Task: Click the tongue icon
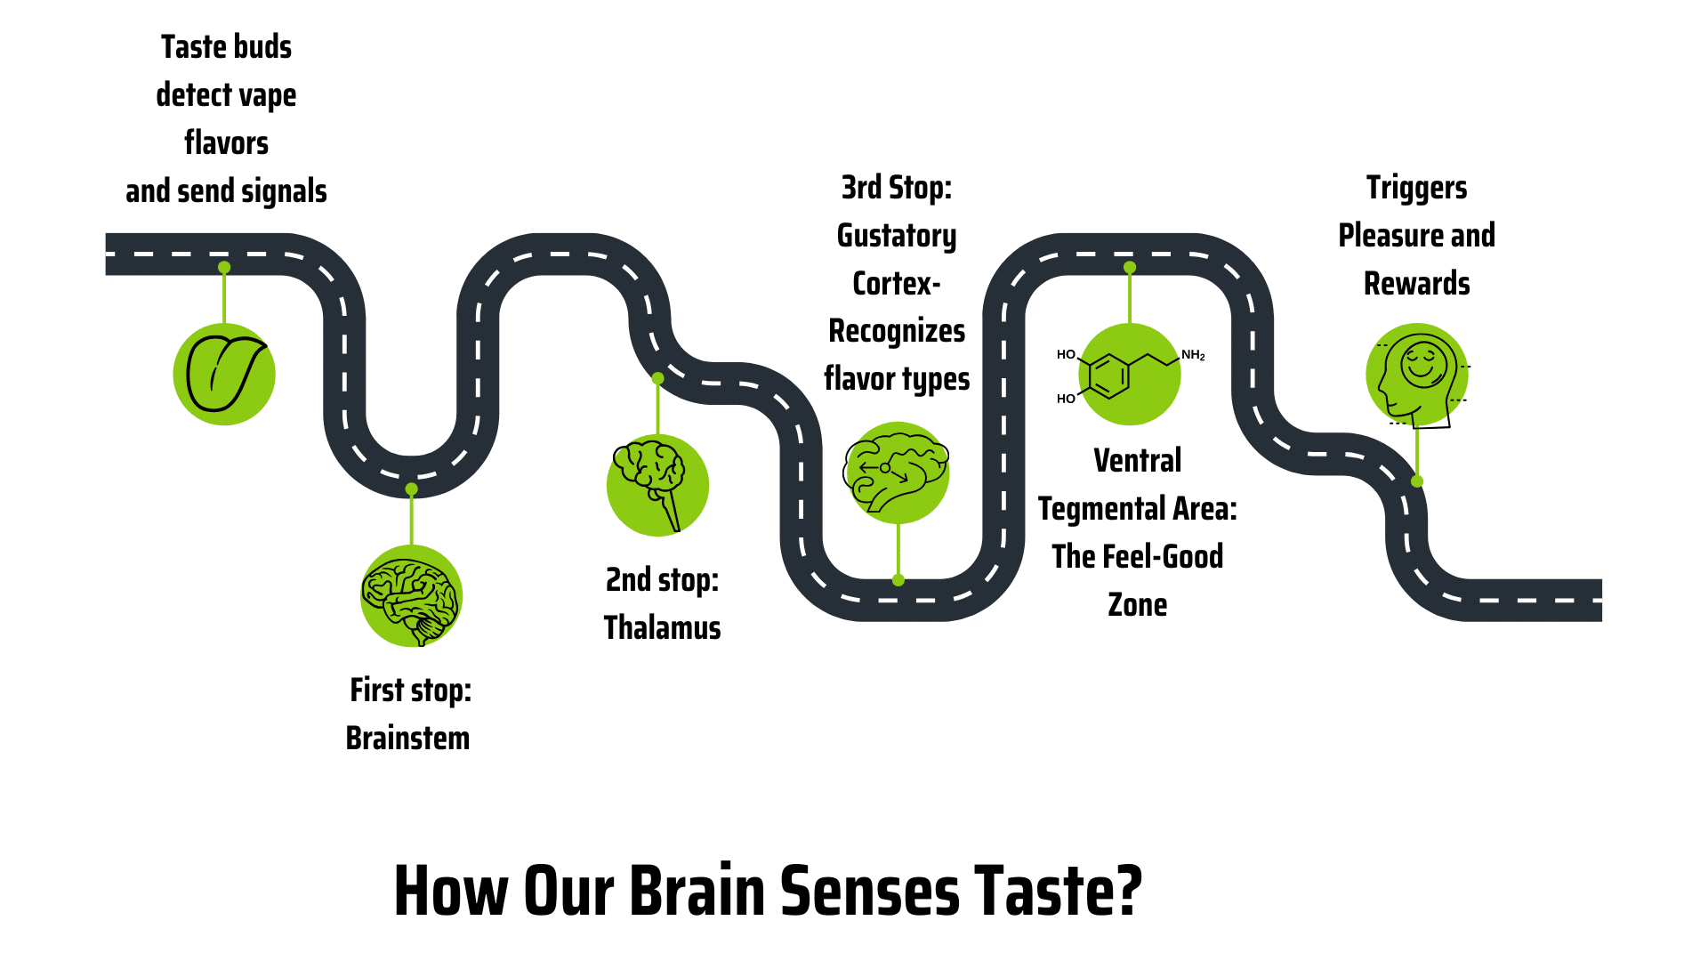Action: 224,374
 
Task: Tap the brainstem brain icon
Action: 411,596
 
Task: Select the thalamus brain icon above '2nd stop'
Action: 657,485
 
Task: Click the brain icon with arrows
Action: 897,472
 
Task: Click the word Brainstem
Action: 407,739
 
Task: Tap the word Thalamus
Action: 662,628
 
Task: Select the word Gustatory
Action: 897,236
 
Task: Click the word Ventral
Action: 1137,461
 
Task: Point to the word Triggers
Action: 1416,188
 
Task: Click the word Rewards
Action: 1416,284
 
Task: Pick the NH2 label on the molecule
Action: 1193,356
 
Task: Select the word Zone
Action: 1137,605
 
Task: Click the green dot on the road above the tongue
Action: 224,267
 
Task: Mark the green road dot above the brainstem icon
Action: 411,489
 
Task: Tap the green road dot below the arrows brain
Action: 898,580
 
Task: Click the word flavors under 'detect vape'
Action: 226,143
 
